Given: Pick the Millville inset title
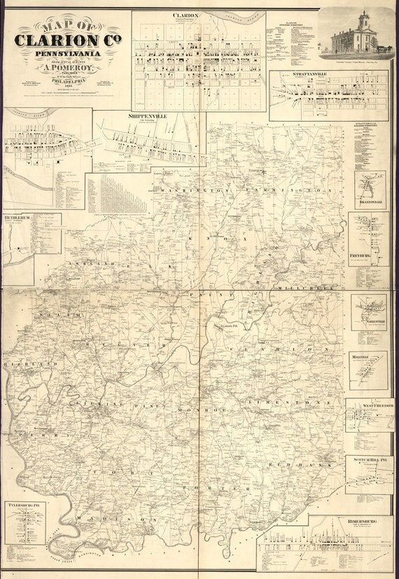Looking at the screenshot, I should click(362, 356).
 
